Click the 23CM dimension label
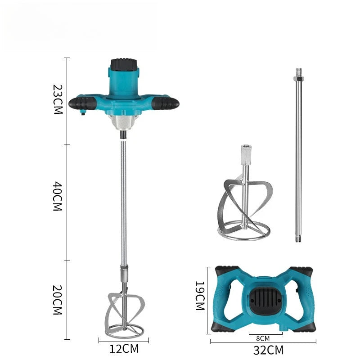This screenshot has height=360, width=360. (x=58, y=99)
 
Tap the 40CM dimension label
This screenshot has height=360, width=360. (x=58, y=196)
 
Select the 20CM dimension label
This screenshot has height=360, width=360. (x=58, y=300)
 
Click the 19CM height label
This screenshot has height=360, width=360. (x=200, y=296)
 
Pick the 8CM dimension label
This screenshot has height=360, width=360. (x=263, y=338)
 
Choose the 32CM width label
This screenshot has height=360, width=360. (x=268, y=351)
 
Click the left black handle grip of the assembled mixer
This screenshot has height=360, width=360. (x=82, y=103)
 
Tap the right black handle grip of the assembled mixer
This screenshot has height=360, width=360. (x=165, y=103)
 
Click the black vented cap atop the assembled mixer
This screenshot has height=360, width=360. (x=124, y=64)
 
